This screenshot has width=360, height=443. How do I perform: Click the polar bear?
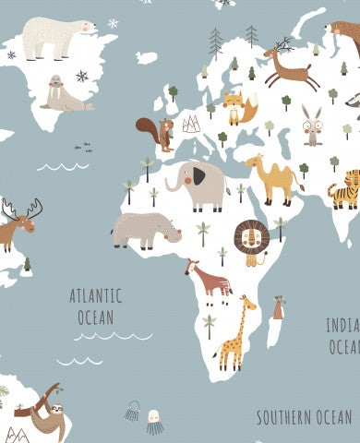57,39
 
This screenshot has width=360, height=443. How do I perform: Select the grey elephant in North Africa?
198,184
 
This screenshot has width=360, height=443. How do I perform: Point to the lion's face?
250,240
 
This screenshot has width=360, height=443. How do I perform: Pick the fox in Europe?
238,109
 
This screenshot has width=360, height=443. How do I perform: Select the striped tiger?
344,190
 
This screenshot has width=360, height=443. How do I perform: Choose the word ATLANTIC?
95,297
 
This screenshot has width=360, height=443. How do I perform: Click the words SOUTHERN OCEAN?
304,417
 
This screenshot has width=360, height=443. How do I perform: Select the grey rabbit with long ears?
313,126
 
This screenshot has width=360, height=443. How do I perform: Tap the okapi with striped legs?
209,281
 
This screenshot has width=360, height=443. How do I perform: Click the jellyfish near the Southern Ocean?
154,422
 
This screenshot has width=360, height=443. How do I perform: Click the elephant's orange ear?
198,175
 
